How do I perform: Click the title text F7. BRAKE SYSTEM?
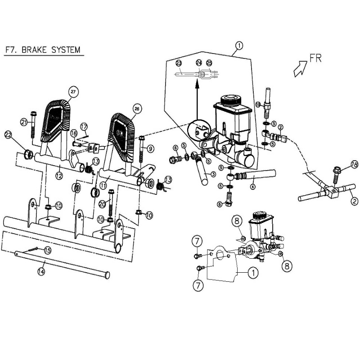(x=44, y=49)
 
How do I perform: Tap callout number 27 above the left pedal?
(x=73, y=91)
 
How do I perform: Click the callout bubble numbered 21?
(x=24, y=122)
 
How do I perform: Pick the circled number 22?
(x=8, y=134)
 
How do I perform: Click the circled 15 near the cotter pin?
(x=47, y=250)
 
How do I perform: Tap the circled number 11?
(x=103, y=185)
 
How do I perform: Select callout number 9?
(x=150, y=148)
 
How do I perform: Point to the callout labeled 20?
(x=102, y=204)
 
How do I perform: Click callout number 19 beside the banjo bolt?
(x=257, y=104)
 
